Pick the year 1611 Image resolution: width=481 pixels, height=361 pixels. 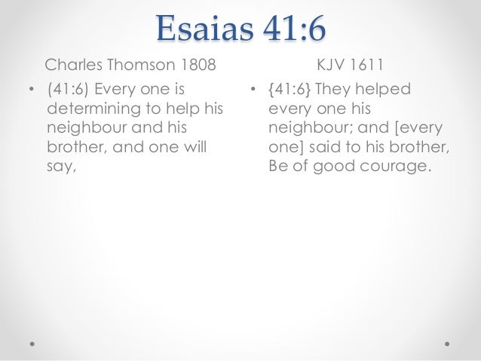point(366,64)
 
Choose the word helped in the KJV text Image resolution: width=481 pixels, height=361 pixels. point(384,90)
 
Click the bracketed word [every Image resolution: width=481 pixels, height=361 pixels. point(423,128)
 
